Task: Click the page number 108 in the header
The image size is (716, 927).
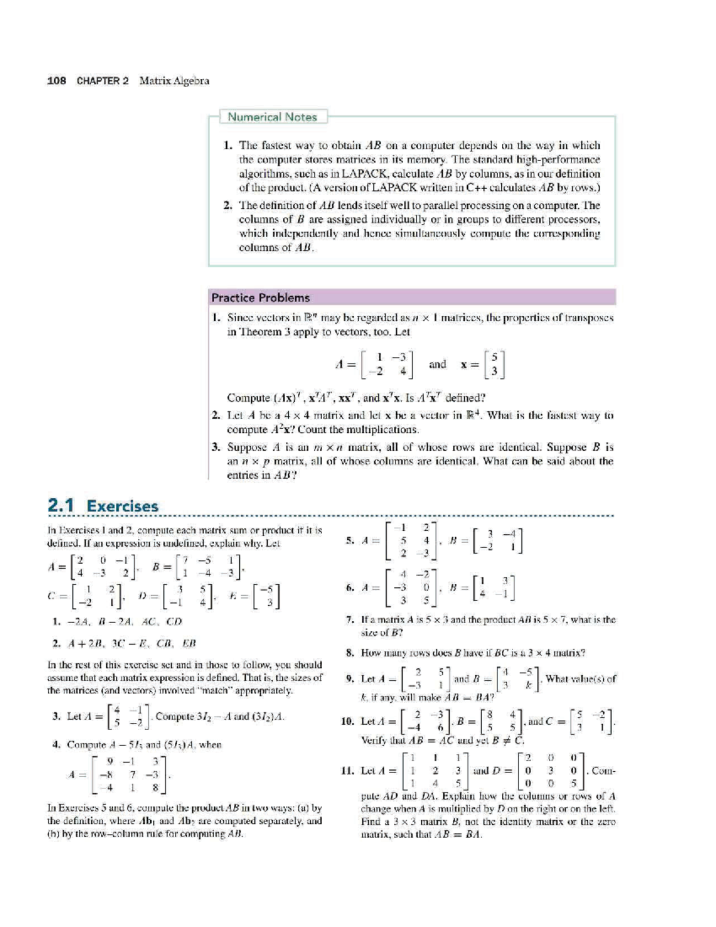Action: (57, 81)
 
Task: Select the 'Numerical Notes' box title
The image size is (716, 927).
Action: (272, 117)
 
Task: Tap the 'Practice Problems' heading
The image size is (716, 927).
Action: (261, 297)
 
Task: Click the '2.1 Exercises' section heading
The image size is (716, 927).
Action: (103, 506)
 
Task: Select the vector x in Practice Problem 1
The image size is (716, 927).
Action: (495, 364)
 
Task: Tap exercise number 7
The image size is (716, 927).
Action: (350, 620)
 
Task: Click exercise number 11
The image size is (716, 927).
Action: (347, 771)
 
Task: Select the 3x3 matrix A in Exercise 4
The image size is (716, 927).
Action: (133, 775)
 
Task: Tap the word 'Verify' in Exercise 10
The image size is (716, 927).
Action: (375, 741)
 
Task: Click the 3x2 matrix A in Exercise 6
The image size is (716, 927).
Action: (414, 587)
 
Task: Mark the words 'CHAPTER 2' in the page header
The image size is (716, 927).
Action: (103, 81)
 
